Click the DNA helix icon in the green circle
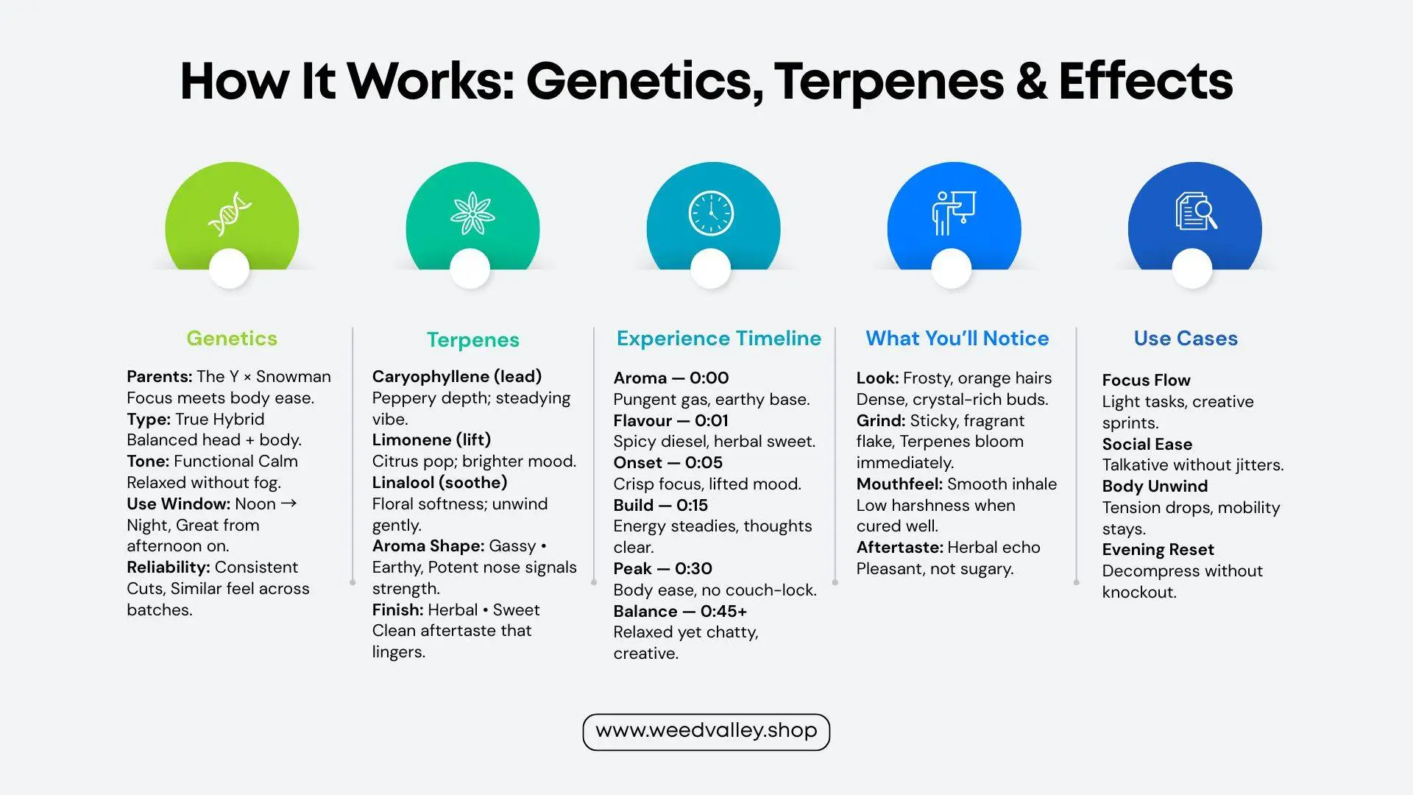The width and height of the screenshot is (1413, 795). [x=230, y=213]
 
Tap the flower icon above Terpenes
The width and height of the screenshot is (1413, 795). [x=472, y=213]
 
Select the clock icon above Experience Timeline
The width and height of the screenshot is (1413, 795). [x=711, y=213]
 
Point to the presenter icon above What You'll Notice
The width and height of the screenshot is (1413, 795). [x=953, y=213]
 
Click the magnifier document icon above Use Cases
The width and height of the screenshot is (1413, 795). [x=1195, y=212]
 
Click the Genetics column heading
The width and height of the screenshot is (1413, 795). [x=232, y=338]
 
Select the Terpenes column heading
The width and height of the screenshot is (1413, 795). [x=473, y=339]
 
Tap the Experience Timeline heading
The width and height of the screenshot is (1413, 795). [x=719, y=338]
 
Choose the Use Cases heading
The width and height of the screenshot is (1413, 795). [x=1186, y=338]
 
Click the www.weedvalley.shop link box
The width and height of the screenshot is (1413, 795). [x=706, y=732]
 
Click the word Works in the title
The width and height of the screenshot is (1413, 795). [x=430, y=81]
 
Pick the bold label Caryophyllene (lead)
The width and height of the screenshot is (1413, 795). [x=457, y=376]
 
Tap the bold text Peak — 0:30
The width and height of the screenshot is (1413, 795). [x=663, y=568]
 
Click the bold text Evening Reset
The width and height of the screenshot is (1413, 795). [x=1158, y=549]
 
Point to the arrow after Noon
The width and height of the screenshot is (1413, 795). [x=289, y=504]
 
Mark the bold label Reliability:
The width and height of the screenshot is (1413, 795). [x=169, y=567]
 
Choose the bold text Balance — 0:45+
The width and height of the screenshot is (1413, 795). [x=680, y=611]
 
